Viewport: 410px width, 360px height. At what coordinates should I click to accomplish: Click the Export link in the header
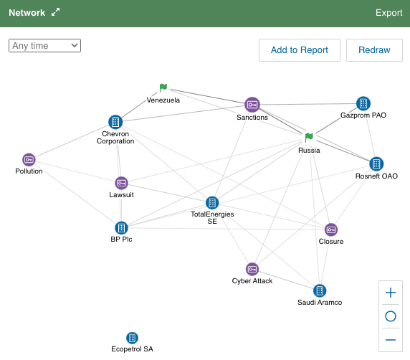(388, 13)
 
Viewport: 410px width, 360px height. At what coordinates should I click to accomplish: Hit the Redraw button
(374, 50)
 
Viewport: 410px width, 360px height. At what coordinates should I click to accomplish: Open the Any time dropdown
(44, 45)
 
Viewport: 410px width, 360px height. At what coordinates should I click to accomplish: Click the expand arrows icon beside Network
(55, 12)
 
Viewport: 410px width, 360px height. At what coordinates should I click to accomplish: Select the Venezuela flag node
(163, 87)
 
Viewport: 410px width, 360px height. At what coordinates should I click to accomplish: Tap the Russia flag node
(309, 137)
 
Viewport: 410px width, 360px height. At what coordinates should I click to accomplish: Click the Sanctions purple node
(252, 105)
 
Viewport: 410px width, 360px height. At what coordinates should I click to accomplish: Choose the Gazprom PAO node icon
(363, 103)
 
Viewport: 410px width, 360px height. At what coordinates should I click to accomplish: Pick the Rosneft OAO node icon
(376, 164)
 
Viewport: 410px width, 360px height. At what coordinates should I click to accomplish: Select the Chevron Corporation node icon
(115, 122)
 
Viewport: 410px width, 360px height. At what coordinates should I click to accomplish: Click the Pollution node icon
(29, 160)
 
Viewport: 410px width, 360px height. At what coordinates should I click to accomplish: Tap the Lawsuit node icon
(121, 183)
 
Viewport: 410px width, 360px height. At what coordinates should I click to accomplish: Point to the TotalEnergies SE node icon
(212, 203)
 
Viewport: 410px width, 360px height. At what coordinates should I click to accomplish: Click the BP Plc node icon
(121, 228)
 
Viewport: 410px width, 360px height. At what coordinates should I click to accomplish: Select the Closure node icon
(331, 229)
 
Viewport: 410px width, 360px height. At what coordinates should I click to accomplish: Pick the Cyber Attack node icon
(252, 269)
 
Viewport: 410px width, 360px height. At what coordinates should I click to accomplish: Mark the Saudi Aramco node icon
(320, 290)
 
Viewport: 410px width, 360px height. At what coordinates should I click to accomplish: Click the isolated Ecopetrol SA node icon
(132, 338)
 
